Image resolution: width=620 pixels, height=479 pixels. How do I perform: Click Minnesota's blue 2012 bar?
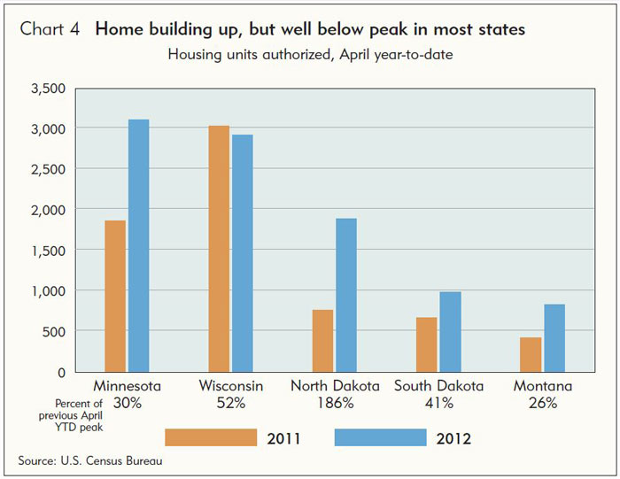point(139,245)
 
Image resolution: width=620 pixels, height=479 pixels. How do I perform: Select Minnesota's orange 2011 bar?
point(115,296)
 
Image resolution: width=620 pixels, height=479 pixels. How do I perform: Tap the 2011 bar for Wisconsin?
point(219,249)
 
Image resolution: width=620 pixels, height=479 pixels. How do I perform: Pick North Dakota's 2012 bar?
point(346,295)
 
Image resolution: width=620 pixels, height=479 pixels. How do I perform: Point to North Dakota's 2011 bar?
point(322,341)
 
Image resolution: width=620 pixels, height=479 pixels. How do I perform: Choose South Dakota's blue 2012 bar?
point(450,332)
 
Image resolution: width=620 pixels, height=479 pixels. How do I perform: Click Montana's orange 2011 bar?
point(531,354)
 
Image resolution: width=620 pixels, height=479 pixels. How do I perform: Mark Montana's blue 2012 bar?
point(554,338)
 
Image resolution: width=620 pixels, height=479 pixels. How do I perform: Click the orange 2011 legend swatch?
point(211,437)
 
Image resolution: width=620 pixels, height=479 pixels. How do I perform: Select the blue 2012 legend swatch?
point(380,437)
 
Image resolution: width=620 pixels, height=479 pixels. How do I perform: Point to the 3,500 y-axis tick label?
point(48,89)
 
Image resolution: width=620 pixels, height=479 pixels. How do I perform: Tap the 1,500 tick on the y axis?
point(48,251)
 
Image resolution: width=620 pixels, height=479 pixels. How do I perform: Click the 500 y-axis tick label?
point(54,332)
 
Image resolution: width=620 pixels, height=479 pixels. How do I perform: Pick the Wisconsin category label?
point(231,386)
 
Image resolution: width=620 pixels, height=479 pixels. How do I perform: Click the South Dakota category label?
point(439,386)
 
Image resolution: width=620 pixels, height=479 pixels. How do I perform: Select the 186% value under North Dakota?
point(336,403)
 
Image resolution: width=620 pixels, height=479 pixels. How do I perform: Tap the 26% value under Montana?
point(543,403)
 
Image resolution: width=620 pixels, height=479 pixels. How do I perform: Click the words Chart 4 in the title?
point(50,29)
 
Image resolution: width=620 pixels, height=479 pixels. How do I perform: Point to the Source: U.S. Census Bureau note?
point(90,460)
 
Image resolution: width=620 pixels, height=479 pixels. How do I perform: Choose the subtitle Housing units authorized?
point(249,54)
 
